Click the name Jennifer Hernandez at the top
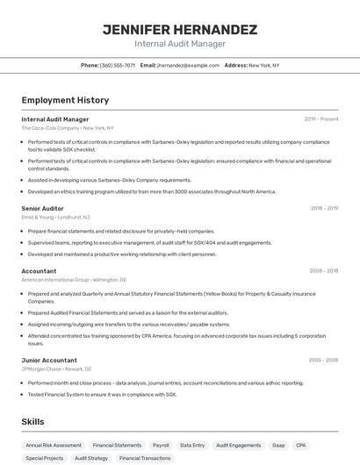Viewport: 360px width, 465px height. [x=180, y=29]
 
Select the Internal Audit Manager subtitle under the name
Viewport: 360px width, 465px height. [x=180, y=43]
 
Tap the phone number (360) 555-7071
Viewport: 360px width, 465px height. [x=117, y=65]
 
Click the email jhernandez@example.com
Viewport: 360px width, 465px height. [x=188, y=65]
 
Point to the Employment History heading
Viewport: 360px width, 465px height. [x=65, y=101]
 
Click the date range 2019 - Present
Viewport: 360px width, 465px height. [x=321, y=118]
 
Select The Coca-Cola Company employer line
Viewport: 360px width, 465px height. [x=68, y=128]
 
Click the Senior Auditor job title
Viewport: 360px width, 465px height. [x=43, y=209]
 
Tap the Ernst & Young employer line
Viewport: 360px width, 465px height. [x=55, y=217]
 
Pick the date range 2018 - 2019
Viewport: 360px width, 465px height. [x=324, y=209]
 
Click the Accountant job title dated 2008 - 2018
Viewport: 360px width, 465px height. [x=39, y=271]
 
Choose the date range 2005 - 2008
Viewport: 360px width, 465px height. [x=323, y=360]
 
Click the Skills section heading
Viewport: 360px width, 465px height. [x=33, y=422]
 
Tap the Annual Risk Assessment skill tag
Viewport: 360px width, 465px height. [x=54, y=446]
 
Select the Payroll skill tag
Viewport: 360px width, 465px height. [x=161, y=446]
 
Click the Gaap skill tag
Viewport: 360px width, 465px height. [x=278, y=446]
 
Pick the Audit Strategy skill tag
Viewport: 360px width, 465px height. [x=91, y=458]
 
